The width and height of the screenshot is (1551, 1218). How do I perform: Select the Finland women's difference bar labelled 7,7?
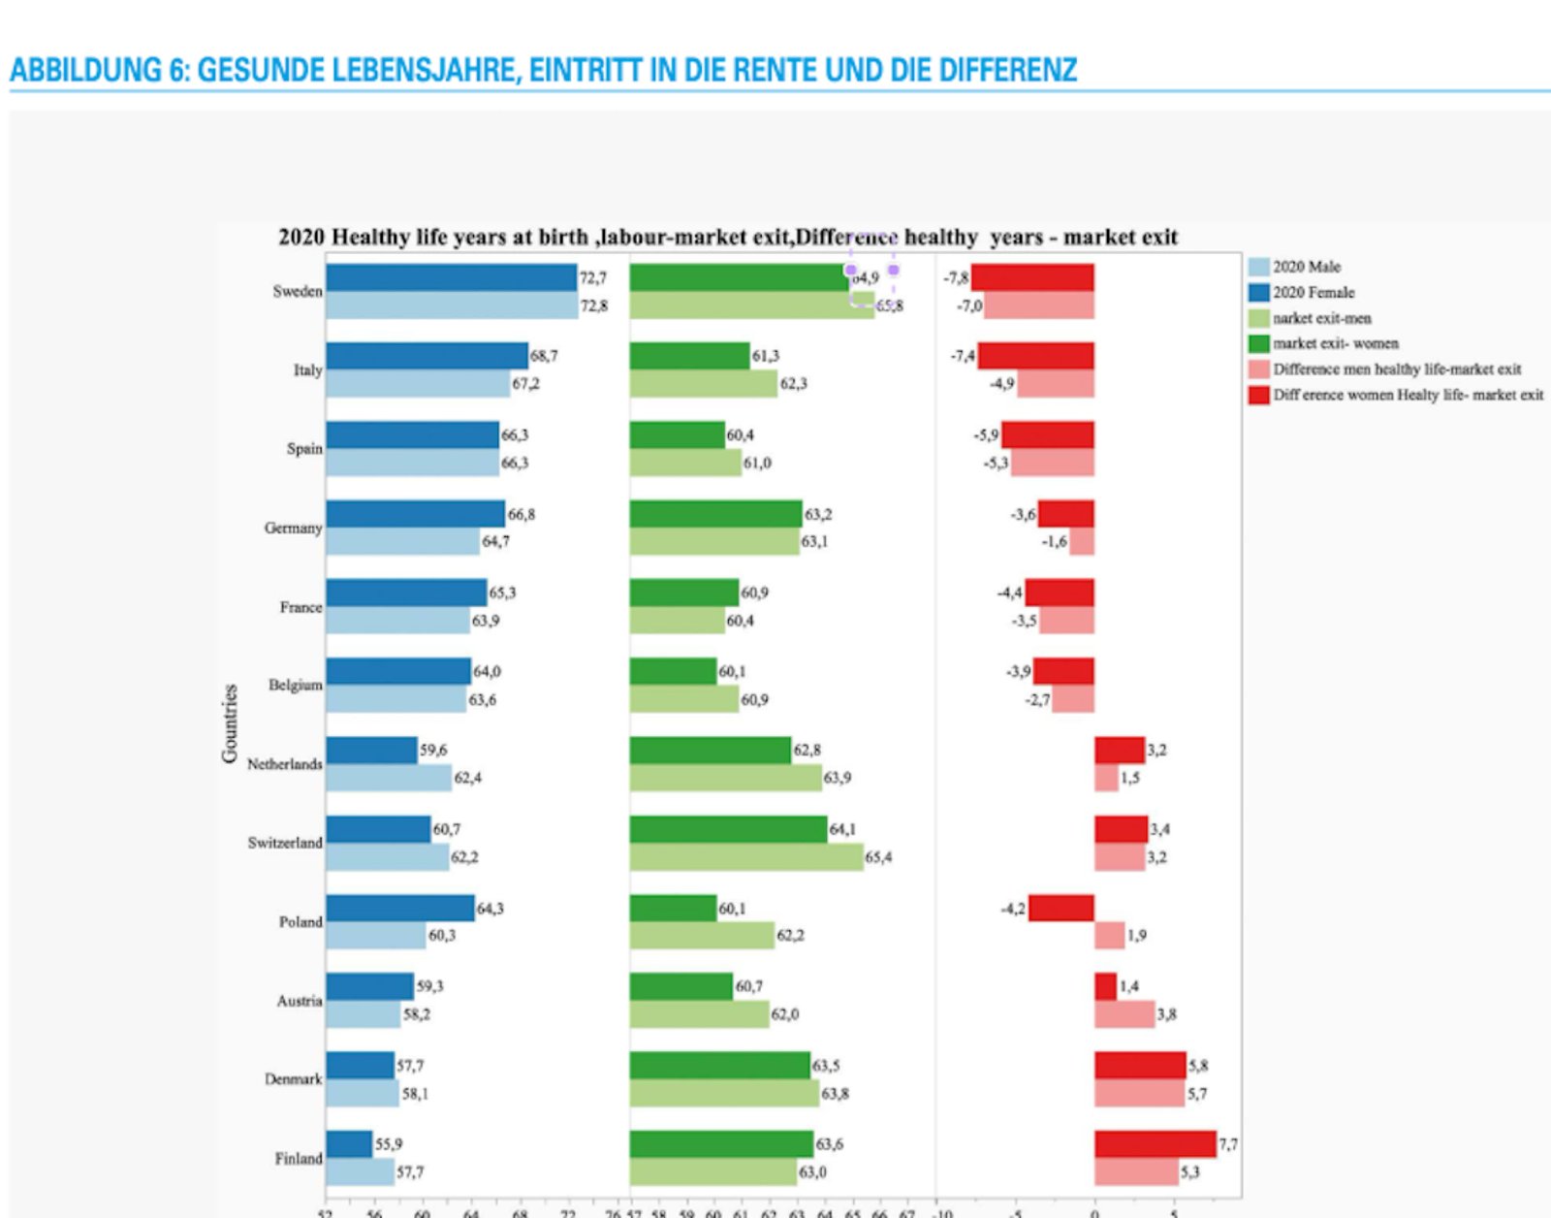(1155, 1144)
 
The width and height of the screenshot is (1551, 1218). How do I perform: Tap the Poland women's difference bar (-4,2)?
(1061, 909)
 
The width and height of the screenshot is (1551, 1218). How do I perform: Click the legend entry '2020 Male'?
(1307, 267)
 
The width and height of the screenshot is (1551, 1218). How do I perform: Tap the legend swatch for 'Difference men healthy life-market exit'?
(1258, 369)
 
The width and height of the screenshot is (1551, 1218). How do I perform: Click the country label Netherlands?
(284, 764)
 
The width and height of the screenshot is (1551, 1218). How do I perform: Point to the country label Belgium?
(295, 685)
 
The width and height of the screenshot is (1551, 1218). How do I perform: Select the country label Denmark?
(293, 1078)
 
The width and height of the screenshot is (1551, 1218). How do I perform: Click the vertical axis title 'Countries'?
(230, 723)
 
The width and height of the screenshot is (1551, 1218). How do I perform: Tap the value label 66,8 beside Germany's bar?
(522, 514)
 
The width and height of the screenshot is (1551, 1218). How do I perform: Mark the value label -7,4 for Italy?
(962, 356)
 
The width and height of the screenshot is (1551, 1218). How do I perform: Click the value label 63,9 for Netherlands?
(838, 778)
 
